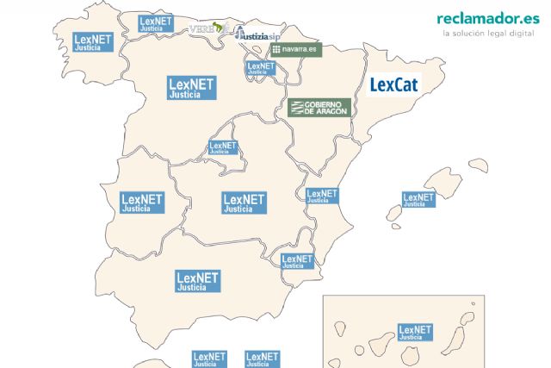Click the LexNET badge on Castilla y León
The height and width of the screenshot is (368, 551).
(190, 88)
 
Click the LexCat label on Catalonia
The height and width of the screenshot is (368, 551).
(393, 85)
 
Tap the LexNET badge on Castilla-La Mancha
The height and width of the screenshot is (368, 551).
(243, 203)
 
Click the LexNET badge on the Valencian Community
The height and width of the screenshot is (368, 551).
(322, 197)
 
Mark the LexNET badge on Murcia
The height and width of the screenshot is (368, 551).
(297, 261)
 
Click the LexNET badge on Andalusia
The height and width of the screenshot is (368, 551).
(197, 281)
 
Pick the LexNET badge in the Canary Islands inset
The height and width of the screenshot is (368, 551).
(415, 334)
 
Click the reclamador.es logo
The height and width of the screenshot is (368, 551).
(483, 18)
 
